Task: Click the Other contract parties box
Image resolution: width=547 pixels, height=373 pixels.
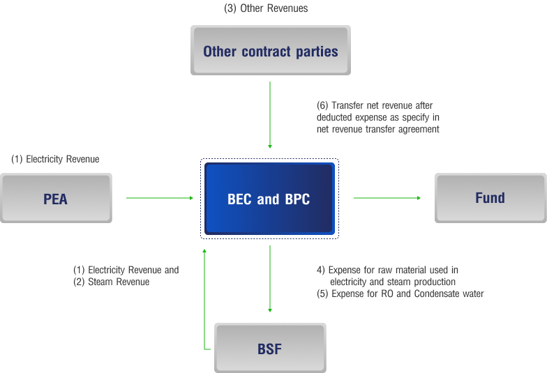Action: click(270, 51)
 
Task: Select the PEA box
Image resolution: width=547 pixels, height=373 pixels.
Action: click(56, 199)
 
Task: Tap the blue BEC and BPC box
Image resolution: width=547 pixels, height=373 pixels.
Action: click(269, 199)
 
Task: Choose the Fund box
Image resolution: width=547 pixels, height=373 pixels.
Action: click(490, 198)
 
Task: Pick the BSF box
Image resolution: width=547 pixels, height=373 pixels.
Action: click(269, 348)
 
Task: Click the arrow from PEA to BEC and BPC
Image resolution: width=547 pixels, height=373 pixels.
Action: click(160, 198)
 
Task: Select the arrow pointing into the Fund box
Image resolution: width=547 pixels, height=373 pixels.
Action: click(387, 198)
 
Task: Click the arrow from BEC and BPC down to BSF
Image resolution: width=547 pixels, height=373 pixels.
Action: click(270, 279)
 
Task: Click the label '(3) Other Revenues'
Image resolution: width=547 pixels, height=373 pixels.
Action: click(266, 8)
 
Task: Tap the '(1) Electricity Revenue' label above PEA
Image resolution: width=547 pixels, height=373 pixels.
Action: click(55, 159)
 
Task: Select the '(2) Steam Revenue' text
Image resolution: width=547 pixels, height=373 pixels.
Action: click(111, 282)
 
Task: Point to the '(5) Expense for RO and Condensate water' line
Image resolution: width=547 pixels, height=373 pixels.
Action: click(400, 294)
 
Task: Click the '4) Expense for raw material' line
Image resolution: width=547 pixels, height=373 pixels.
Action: click(388, 270)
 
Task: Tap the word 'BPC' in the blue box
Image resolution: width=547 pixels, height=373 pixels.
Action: click(296, 199)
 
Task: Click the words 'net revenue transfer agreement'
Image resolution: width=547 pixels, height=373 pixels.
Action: click(377, 129)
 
